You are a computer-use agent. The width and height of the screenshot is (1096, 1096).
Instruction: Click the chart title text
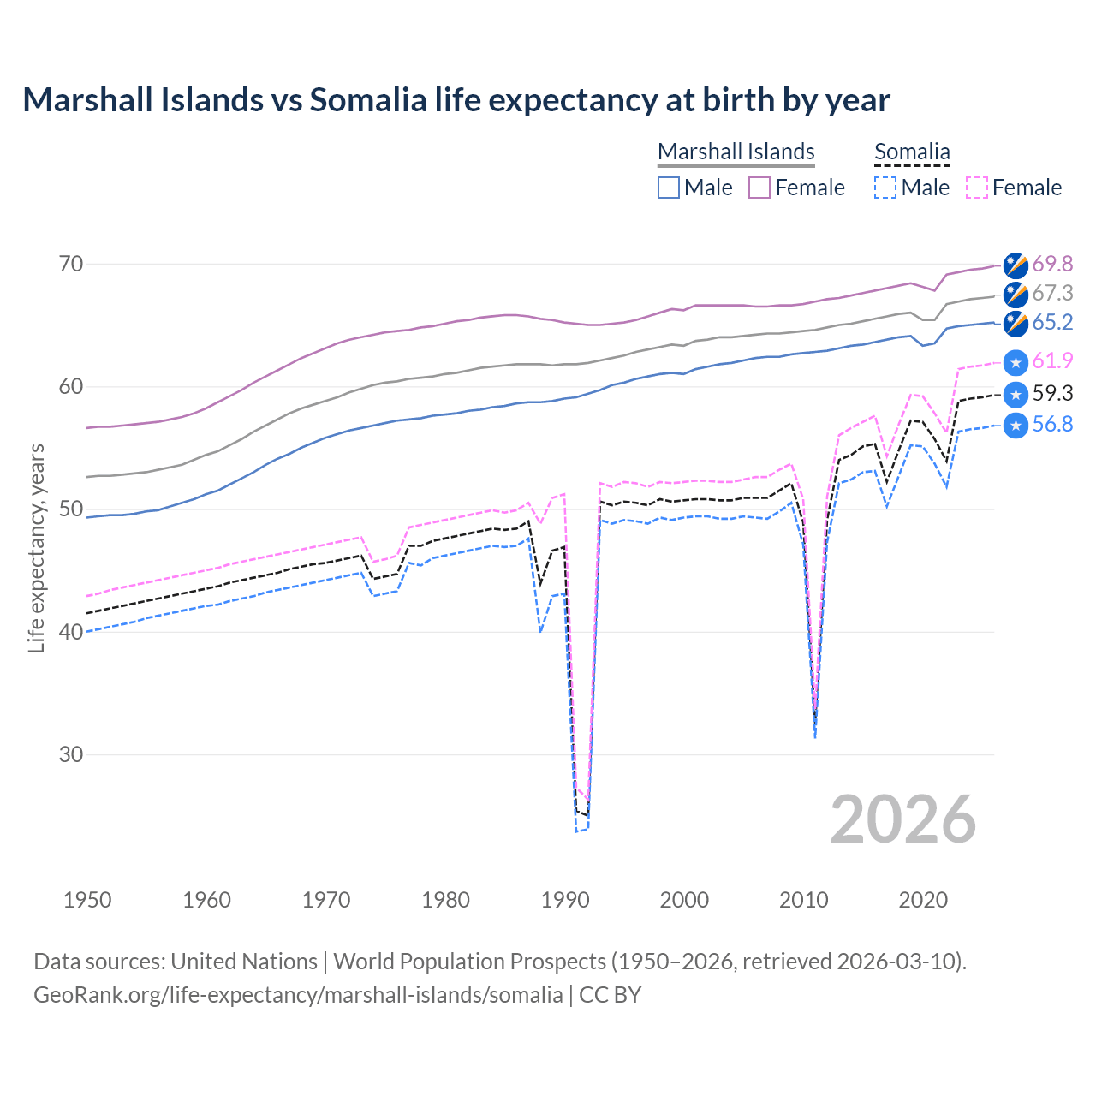456,100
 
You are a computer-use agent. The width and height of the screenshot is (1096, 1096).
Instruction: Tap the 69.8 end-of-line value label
1052,264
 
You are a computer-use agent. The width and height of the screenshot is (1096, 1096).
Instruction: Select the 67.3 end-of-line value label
1052,293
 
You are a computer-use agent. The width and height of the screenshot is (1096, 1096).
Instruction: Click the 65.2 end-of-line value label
1052,322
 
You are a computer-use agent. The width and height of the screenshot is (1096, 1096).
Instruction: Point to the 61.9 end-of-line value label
1052,361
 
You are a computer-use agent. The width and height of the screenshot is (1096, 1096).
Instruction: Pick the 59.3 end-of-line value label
1052,393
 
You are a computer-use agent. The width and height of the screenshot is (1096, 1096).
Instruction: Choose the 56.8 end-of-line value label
1052,424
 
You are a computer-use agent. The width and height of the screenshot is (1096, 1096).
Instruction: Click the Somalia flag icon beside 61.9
1016,363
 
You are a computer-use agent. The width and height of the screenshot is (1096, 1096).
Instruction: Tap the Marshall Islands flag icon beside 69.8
1016,265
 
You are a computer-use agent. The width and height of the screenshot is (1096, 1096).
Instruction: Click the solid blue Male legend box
669,188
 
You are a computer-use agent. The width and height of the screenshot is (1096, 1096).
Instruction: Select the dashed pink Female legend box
977,188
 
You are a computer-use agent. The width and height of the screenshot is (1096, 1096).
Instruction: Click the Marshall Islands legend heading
736,152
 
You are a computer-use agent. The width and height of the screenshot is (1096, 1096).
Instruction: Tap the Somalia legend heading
912,152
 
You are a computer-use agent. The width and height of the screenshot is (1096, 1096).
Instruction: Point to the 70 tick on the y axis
71,264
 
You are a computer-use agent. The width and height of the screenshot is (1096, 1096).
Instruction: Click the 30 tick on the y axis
71,754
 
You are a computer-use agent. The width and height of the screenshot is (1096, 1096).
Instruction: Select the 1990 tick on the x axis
565,900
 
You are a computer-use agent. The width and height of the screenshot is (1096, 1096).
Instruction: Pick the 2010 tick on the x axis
803,900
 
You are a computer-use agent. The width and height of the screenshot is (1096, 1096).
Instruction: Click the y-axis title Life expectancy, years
37,548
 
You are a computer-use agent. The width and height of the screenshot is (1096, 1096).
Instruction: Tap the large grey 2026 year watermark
903,819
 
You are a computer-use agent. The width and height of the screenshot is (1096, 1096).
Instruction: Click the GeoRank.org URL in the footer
298,995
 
